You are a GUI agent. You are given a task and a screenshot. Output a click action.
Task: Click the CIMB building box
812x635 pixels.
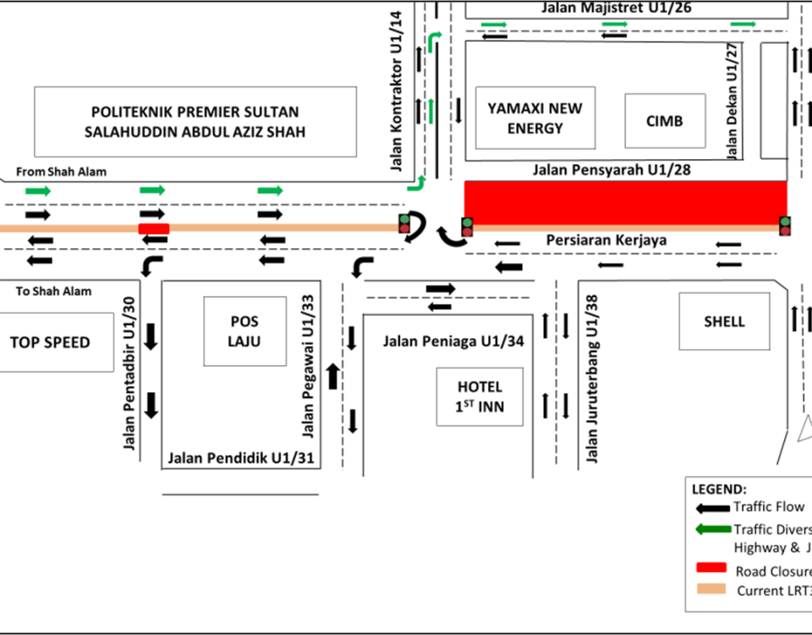664,120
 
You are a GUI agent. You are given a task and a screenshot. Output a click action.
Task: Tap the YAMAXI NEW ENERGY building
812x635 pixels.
535,118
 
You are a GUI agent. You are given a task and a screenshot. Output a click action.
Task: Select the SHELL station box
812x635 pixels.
724,321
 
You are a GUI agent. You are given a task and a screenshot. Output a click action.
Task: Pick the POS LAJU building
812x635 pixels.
244,331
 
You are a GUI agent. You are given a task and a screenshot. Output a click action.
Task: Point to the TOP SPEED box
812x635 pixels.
50,342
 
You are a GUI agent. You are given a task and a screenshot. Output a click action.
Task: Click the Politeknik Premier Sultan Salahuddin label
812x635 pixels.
195,122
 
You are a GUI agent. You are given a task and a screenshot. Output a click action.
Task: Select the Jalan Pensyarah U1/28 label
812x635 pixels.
612,170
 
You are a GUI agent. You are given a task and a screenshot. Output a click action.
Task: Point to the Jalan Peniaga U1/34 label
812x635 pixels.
453,342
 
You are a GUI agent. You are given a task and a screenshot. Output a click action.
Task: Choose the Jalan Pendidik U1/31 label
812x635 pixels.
241,458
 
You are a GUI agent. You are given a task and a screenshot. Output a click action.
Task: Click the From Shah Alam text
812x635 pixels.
62,172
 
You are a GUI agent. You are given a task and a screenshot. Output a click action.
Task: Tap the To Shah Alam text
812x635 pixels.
53,291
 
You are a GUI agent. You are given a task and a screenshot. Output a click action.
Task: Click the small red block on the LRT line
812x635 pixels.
154,228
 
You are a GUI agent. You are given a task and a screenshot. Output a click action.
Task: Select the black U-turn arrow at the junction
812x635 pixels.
414,229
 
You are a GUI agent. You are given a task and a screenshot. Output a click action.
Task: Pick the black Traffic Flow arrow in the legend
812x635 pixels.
711,508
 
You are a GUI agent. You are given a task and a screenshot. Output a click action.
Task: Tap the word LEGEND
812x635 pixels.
719,489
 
